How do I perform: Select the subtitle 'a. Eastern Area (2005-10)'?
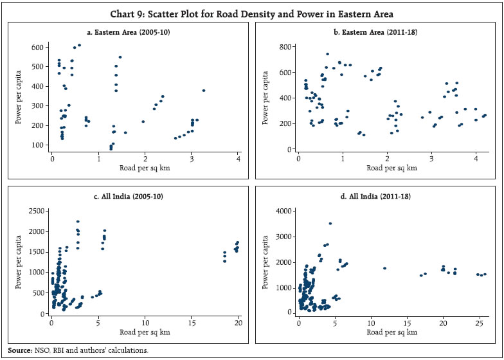pos(129,31)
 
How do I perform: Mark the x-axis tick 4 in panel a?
pos(239,159)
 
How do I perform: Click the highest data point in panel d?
pos(330,224)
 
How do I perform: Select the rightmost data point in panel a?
pos(204,91)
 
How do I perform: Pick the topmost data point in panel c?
pos(78,222)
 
